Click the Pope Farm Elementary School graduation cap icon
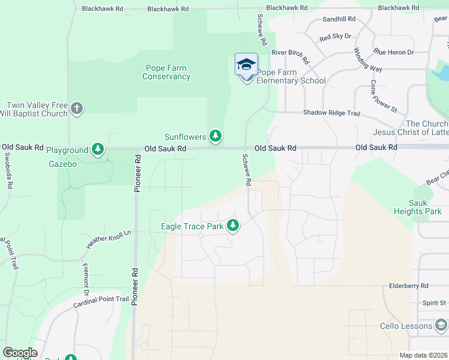click(246, 64)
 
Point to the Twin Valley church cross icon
click(76, 109)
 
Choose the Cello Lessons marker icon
click(441, 326)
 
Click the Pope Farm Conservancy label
click(167, 72)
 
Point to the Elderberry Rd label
click(409, 286)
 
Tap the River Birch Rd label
click(290, 56)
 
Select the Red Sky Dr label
click(335, 37)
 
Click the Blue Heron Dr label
click(390, 52)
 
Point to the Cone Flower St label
click(384, 97)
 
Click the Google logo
click(20, 353)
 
